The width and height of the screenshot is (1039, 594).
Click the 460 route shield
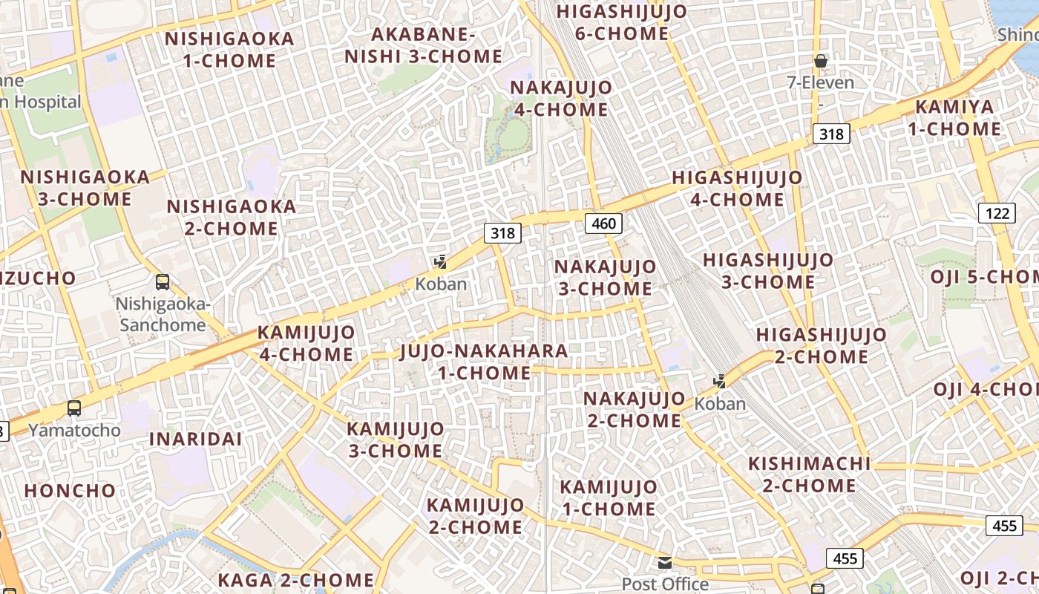603,223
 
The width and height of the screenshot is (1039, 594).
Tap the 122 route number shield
997,214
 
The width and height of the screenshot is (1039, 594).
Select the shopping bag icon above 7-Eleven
821,61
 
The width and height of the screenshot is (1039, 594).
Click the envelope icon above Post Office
665,563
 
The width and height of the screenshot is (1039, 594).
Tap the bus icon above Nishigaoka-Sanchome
163,282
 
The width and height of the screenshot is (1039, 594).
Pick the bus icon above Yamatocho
74,408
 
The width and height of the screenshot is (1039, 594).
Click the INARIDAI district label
196,439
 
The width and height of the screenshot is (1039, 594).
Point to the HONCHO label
71,491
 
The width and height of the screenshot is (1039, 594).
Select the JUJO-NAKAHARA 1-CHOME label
484,362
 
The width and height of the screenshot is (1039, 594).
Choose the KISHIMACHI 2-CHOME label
809,474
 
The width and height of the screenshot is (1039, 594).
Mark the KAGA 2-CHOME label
296,580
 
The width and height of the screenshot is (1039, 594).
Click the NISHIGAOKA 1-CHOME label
229,49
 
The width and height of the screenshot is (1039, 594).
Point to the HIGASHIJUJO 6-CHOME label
622,22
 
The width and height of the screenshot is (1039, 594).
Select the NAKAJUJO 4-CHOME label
561,99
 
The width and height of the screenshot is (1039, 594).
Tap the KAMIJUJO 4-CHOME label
306,343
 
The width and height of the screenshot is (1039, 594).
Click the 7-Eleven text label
821,82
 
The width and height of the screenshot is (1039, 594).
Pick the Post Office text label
665,584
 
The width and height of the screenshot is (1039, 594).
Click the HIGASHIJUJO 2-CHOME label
822,345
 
